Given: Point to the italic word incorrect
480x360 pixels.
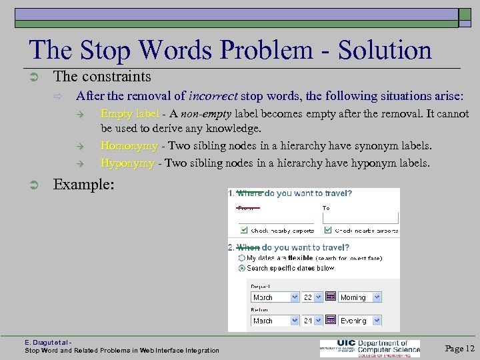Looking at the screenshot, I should point(214,95).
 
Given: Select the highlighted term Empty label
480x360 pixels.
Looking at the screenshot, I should point(129,114).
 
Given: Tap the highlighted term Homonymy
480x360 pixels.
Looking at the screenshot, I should point(129,145).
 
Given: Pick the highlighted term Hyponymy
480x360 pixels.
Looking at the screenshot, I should point(127,163).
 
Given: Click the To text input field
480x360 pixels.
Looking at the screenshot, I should point(361,217).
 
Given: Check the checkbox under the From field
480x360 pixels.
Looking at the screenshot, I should point(243,231).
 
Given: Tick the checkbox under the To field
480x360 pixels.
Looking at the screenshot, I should point(327,231).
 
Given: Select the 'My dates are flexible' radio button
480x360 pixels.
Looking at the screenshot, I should point(242,257).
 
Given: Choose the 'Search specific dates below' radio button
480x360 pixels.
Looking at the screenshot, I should point(242,268).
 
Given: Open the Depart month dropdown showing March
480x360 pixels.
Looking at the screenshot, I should point(274,297).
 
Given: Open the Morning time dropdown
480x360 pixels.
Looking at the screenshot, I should point(359,297).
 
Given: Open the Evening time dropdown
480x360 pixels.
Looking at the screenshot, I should point(359,321).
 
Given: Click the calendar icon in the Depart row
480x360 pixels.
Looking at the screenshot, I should point(330,297).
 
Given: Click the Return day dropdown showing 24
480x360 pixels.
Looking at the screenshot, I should point(313,321).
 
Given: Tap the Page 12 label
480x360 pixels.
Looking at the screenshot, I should point(459,348).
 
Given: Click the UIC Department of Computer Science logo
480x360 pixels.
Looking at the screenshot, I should point(369,348).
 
